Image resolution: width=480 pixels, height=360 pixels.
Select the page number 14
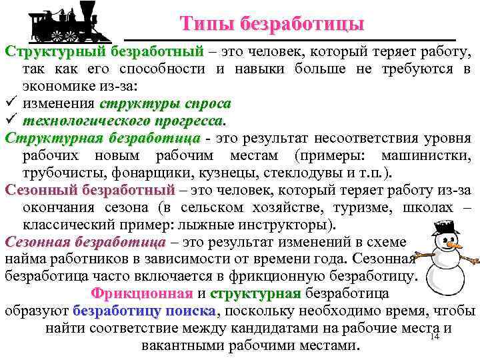click(x=433, y=337)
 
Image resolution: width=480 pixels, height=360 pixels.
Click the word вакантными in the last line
click(x=182, y=345)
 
